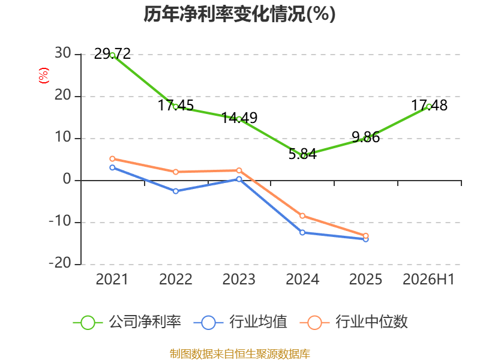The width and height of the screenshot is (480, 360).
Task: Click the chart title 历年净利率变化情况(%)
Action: (x=239, y=14)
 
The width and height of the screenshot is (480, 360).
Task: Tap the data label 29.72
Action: (x=112, y=54)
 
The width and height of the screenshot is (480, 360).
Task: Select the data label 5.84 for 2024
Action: (x=302, y=154)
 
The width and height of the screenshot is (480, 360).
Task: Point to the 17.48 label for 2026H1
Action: (x=429, y=106)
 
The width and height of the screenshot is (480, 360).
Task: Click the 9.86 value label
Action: (x=366, y=137)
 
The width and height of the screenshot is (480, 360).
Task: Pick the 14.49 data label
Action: (x=239, y=118)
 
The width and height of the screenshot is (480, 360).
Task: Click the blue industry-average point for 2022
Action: (x=176, y=191)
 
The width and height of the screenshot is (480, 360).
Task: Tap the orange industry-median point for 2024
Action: (x=302, y=216)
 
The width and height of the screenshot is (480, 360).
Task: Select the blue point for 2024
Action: (x=302, y=233)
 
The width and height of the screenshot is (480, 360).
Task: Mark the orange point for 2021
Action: (x=112, y=159)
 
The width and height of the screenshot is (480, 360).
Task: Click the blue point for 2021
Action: (x=112, y=167)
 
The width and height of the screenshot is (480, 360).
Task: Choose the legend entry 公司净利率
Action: (x=127, y=322)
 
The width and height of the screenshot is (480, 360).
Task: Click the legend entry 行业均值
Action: (x=241, y=322)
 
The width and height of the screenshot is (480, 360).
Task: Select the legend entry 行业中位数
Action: (x=353, y=322)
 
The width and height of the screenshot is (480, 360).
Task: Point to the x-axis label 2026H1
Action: (x=428, y=280)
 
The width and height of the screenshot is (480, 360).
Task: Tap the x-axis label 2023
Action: (x=239, y=280)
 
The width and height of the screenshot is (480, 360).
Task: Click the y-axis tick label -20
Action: (x=60, y=263)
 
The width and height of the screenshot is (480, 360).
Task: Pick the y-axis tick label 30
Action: (x=63, y=53)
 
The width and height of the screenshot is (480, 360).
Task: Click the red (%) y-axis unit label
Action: (x=43, y=76)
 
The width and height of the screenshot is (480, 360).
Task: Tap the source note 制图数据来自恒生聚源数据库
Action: (x=240, y=354)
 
